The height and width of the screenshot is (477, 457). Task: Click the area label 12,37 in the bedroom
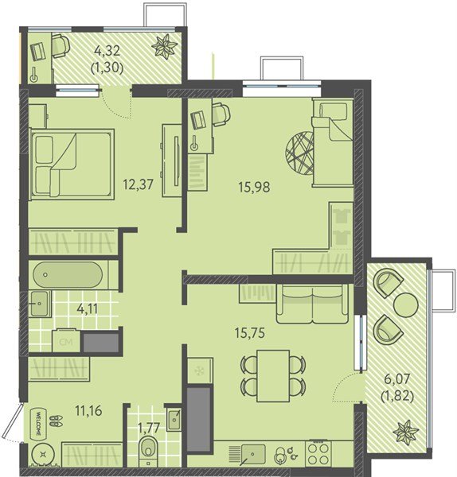138,184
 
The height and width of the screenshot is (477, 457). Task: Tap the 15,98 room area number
254,187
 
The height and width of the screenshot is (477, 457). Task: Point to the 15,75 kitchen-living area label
250,333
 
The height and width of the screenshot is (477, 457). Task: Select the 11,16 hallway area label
88,411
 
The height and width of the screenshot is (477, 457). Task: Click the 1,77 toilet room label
149,429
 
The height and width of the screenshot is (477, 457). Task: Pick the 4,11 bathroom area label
88,309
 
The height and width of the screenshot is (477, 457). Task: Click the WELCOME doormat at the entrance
39,424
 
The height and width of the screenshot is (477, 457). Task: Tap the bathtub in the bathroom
68,275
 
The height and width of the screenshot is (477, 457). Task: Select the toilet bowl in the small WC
148,451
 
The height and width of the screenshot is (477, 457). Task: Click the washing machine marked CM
66,341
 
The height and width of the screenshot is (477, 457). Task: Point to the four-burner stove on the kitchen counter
318,453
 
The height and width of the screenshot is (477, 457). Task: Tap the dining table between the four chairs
273,376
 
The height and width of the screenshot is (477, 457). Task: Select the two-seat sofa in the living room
312,304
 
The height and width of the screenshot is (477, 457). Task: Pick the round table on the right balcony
406,304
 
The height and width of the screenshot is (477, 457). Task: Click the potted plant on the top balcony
165,45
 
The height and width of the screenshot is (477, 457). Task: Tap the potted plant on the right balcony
406,431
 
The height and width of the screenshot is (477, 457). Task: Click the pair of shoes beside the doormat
57,421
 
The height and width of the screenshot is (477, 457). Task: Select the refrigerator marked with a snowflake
200,370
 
